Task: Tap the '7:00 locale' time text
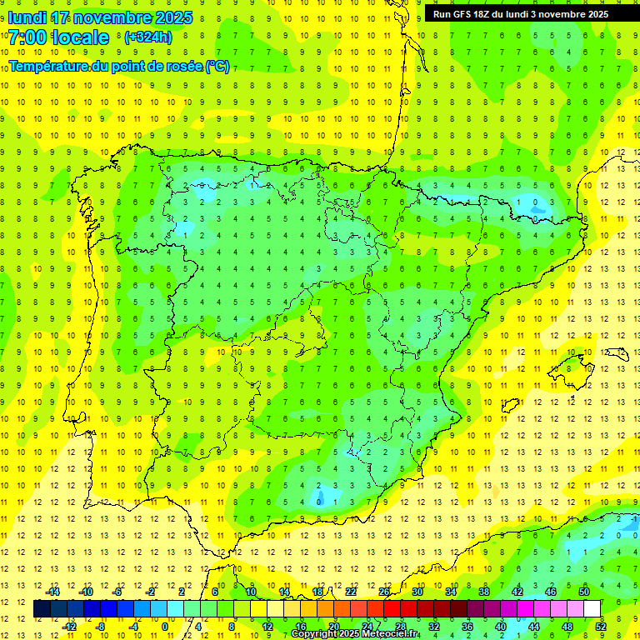[58, 37]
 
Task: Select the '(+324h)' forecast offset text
[148, 37]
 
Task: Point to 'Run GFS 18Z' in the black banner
[464, 14]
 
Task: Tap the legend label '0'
[164, 627]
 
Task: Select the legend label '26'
[384, 592]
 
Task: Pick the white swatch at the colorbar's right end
[592, 609]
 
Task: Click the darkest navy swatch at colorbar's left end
[42, 609]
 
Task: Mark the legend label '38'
[484, 592]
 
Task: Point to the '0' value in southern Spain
[319, 501]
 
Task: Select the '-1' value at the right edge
[635, 517]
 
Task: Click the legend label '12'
[267, 627]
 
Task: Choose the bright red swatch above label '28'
[400, 609]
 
